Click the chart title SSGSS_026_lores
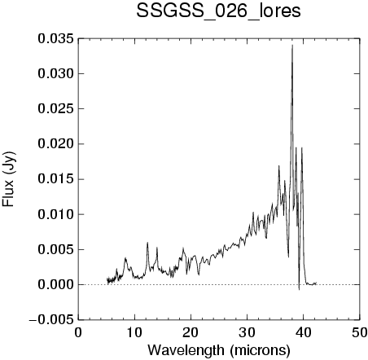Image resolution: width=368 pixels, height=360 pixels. pyautogui.click(x=218, y=11)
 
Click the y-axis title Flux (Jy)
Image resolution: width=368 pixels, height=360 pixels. pyautogui.click(x=8, y=179)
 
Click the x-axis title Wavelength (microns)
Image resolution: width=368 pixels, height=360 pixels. pyautogui.click(x=219, y=350)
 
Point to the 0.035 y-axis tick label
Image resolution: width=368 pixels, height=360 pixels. pyautogui.click(x=55, y=39)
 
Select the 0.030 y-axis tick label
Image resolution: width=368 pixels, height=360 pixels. pyautogui.click(x=55, y=74)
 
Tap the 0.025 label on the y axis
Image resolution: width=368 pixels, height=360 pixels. pyautogui.click(x=55, y=109)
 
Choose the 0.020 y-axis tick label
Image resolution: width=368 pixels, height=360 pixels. pyautogui.click(x=55, y=144)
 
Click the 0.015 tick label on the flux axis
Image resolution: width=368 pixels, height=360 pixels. pyautogui.click(x=55, y=179)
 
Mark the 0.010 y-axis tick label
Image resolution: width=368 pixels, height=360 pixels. pyautogui.click(x=55, y=214)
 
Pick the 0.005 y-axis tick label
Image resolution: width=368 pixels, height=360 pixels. pyautogui.click(x=55, y=249)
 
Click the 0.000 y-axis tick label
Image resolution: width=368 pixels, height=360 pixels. pyautogui.click(x=55, y=285)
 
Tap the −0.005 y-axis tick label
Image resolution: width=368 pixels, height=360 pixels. pyautogui.click(x=51, y=320)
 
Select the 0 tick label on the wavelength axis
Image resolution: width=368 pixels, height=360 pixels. pyautogui.click(x=78, y=332)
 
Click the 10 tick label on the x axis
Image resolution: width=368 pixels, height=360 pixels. pyautogui.click(x=134, y=332)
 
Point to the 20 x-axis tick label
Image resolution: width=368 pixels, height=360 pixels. pyautogui.click(x=191, y=332)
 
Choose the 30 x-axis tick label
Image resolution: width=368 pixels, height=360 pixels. pyautogui.click(x=247, y=332)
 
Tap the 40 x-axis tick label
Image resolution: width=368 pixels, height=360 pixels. pyautogui.click(x=303, y=332)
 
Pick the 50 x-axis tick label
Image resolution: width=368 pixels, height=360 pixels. pyautogui.click(x=360, y=332)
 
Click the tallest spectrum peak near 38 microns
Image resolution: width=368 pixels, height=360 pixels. pyautogui.click(x=292, y=45)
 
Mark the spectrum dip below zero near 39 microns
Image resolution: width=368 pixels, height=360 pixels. pyautogui.click(x=299, y=289)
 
